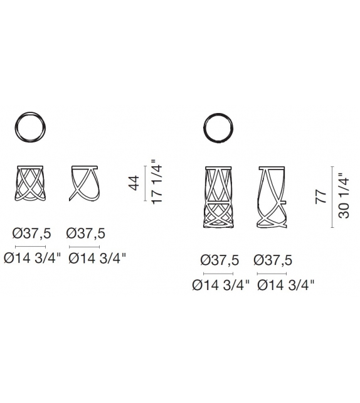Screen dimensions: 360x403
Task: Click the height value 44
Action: [135, 183]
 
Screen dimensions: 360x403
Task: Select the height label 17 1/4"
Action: [157, 182]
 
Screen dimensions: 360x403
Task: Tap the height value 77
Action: [321, 196]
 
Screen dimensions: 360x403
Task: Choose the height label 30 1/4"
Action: [344, 196]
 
